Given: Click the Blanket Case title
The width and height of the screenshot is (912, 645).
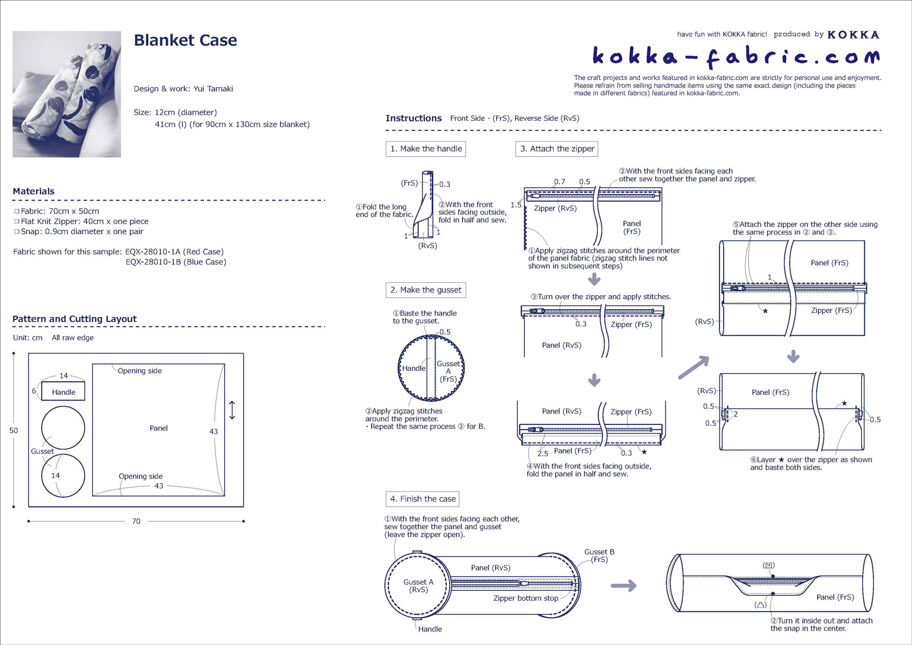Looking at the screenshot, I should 185,40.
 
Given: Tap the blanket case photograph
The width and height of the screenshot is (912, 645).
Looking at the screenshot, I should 67,94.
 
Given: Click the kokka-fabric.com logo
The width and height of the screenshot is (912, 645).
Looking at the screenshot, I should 736,56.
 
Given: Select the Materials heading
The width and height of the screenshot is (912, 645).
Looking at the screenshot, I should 33,192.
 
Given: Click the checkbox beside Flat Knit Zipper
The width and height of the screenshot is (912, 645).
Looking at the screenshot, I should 17,222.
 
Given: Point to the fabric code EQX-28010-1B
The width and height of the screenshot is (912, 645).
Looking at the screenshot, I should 176,262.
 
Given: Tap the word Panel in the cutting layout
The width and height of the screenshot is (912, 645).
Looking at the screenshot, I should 159,428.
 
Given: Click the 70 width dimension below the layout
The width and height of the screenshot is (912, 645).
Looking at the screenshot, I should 136,521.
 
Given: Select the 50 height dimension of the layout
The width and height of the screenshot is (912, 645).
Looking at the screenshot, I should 13,430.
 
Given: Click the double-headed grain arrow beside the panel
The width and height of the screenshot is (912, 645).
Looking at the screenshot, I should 232,410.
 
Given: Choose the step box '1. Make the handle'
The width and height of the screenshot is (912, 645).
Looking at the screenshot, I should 425,149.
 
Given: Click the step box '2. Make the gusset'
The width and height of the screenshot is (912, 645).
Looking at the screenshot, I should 425,290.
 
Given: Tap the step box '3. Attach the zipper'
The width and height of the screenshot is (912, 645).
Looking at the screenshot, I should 557,149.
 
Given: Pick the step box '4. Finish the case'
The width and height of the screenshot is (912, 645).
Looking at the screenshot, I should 422,499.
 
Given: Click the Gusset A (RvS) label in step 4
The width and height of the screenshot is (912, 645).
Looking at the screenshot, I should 418,586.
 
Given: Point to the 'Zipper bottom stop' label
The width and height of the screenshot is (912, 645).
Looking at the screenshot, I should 526,598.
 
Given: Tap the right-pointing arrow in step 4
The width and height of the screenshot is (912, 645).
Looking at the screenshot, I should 623,585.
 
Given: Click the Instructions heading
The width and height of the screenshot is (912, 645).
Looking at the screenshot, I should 413,119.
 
